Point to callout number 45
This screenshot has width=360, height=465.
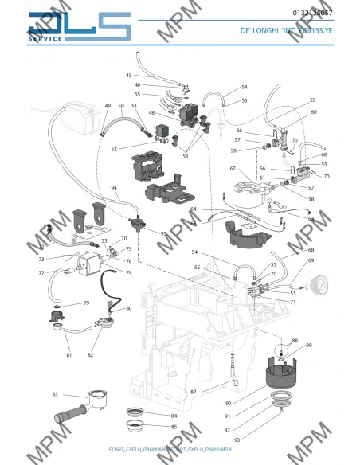point(129,75)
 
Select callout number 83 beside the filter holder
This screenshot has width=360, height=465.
point(55,395)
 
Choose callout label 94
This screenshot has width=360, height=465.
point(114,188)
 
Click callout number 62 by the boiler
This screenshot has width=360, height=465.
point(233,169)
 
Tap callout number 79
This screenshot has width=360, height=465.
point(87,303)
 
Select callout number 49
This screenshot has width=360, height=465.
point(108,106)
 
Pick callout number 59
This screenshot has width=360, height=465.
point(312,100)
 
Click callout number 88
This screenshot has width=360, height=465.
point(295,341)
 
